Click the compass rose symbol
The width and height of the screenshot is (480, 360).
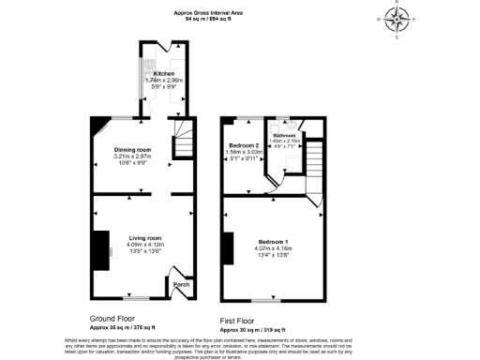[x=397, y=18]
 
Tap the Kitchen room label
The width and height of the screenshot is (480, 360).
[x=164, y=73]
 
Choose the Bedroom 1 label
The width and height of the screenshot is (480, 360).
[x=273, y=242]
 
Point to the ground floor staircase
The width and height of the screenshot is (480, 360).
[x=182, y=146]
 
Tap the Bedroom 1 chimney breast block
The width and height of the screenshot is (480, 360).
[x=226, y=246]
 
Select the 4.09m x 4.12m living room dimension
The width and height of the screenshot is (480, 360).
[x=145, y=245]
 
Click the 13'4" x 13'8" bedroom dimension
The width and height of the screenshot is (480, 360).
[x=273, y=254]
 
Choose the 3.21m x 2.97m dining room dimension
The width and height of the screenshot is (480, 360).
[x=131, y=156]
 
